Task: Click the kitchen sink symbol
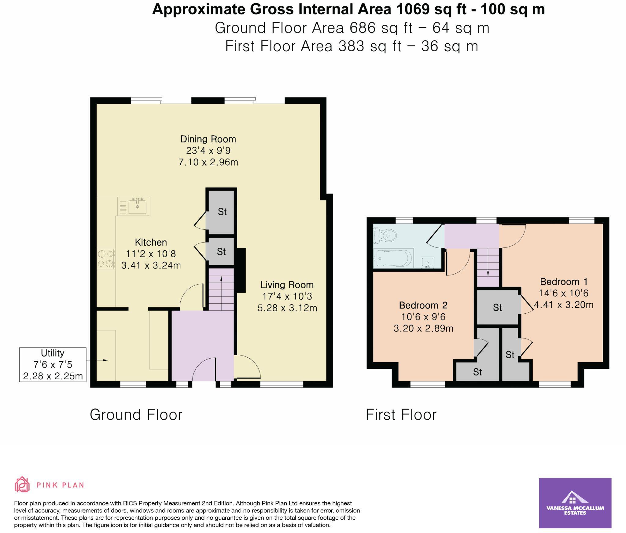point(137,206)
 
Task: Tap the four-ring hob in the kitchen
point(106,259)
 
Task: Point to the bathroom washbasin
point(427,262)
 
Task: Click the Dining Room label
point(208,139)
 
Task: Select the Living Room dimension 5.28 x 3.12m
point(287,308)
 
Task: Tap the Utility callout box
point(53,364)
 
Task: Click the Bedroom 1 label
point(564,282)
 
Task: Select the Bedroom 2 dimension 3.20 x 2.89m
point(423,328)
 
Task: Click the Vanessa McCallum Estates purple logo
point(575,503)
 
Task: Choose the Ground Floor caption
point(136,415)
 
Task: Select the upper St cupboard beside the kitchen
point(222,212)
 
